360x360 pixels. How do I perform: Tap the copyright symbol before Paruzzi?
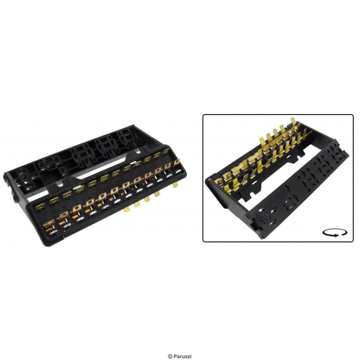pyautogui.click(x=170, y=356)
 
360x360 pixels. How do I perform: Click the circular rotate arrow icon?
pyautogui.click(x=335, y=233)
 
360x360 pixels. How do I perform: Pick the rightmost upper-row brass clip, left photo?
pyautogui.click(x=165, y=151)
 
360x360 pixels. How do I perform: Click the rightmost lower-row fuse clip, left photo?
pyautogui.click(x=176, y=162)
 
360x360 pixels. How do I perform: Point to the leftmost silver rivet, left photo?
pyautogui.click(x=52, y=233)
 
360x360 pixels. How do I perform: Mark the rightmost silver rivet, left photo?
pyautogui.click(x=178, y=171)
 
